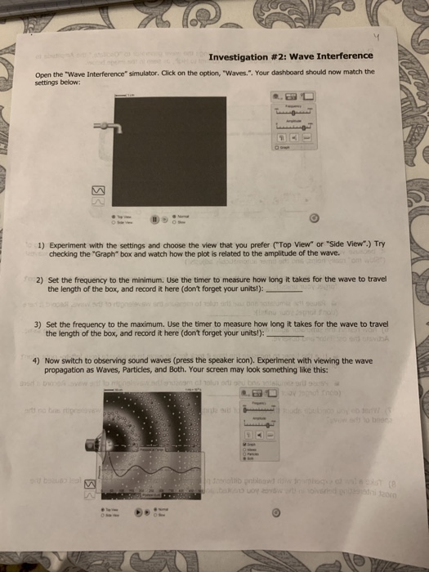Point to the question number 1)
[x=42, y=245]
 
